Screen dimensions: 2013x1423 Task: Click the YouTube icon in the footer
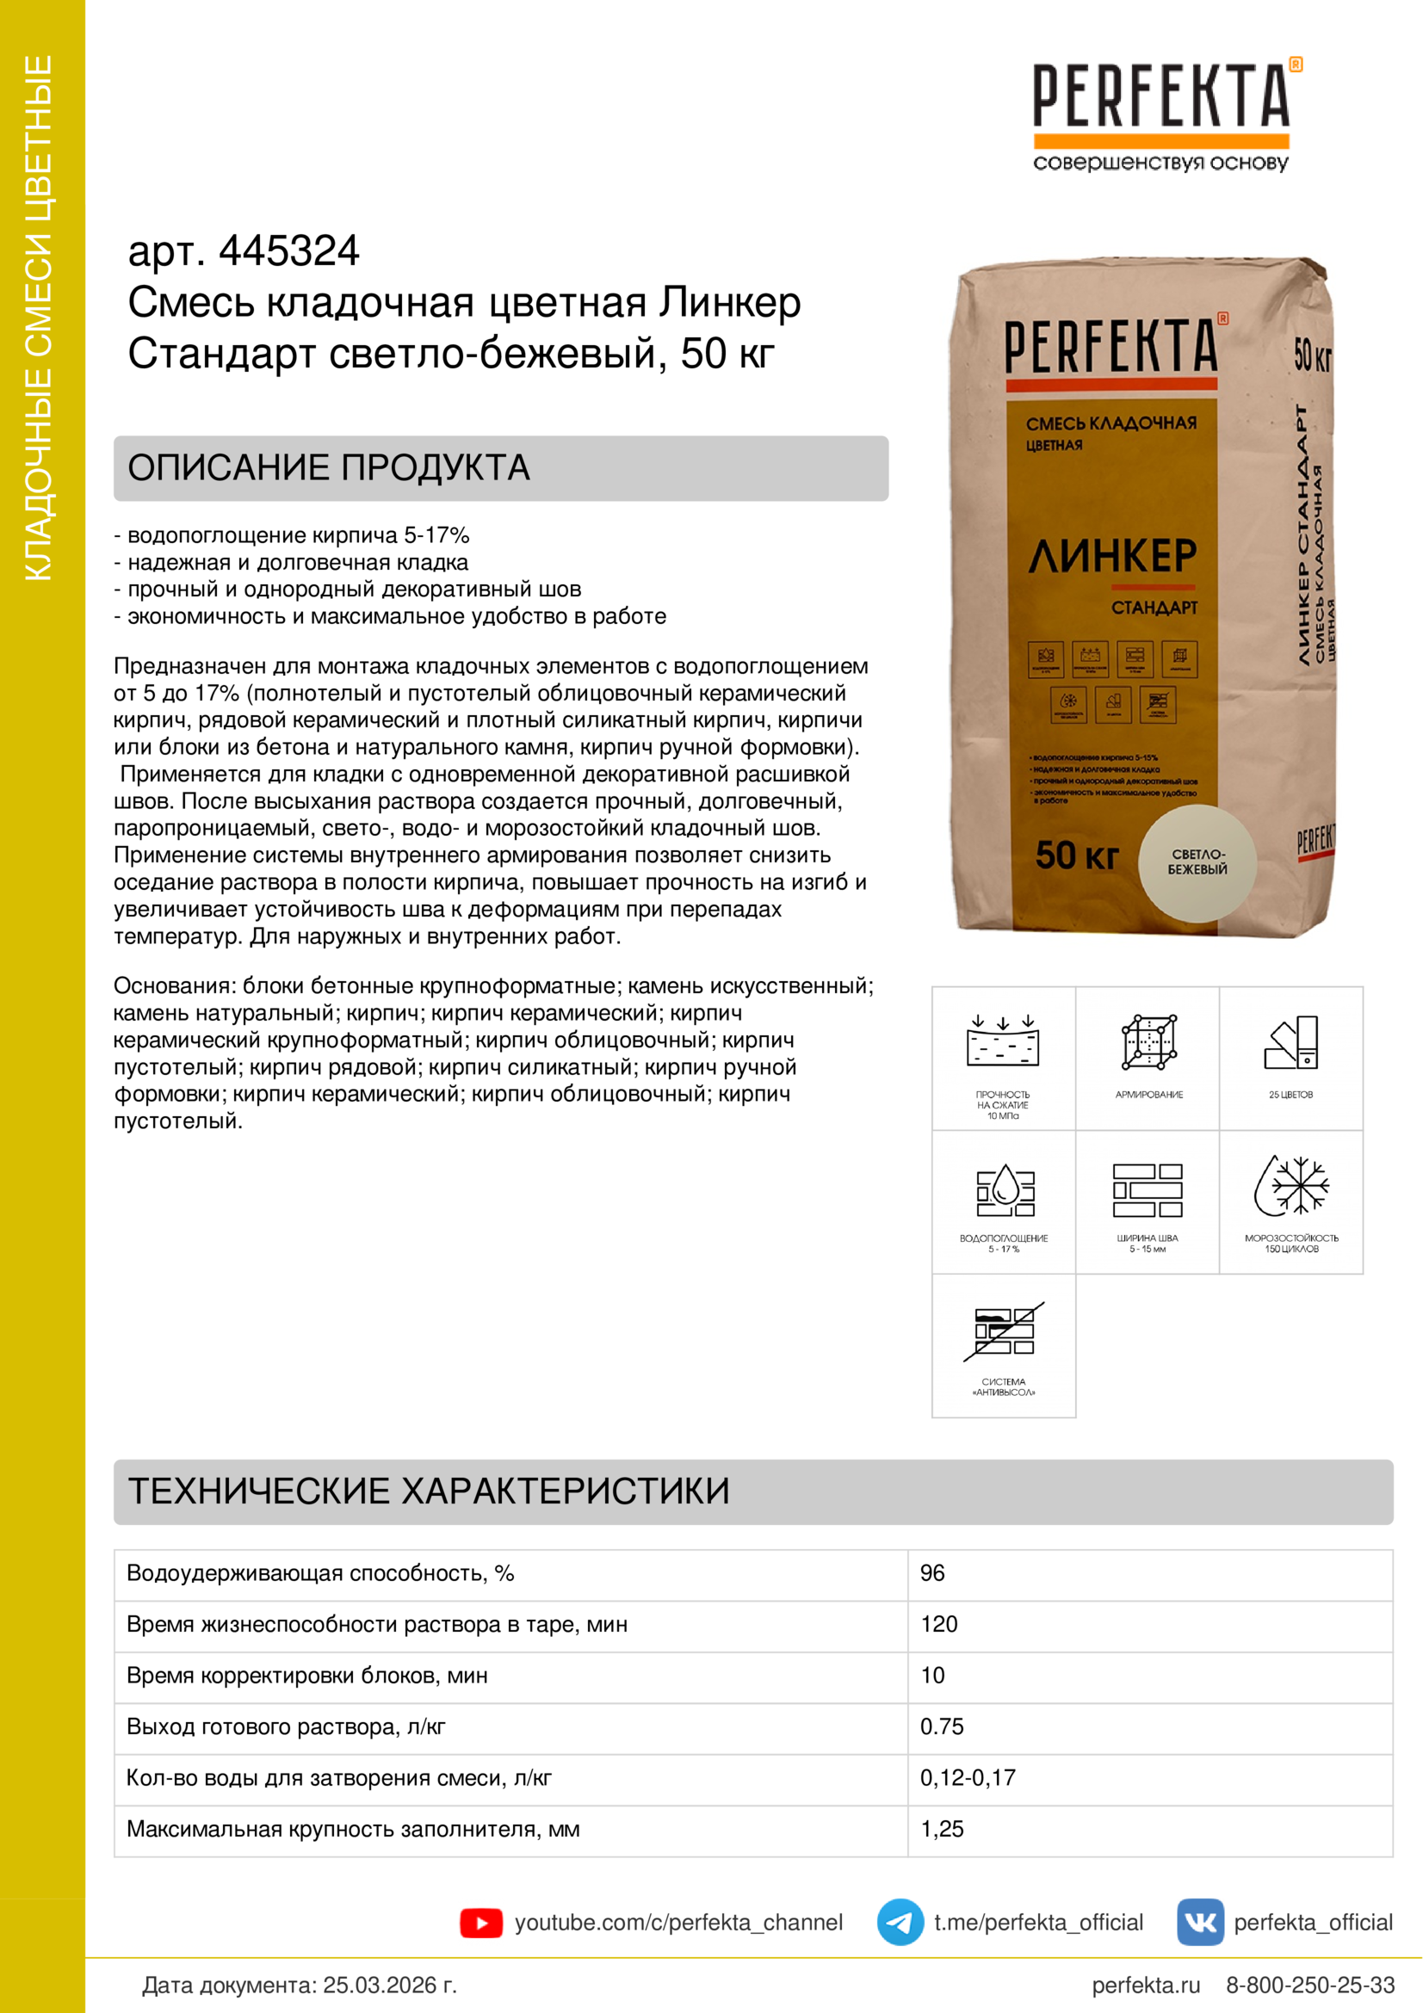(480, 1923)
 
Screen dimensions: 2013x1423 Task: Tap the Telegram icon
(900, 1923)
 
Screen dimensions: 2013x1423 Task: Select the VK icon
(1199, 1923)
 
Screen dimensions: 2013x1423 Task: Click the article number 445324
(288, 250)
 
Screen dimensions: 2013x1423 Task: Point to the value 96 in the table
(932, 1573)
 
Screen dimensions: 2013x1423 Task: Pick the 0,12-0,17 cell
(967, 1777)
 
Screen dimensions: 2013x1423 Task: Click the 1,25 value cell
(942, 1829)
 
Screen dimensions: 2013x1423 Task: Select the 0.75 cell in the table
(942, 1726)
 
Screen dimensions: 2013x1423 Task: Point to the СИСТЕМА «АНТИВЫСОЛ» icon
(1004, 1331)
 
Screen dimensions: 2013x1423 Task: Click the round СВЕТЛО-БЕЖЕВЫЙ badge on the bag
(1197, 862)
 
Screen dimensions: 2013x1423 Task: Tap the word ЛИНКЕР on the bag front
(1111, 556)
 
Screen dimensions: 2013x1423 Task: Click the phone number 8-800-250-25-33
(1310, 1985)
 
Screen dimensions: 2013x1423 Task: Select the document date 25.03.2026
(389, 1985)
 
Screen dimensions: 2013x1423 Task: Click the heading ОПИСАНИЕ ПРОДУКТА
(329, 468)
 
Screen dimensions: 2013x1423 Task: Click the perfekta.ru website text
(1145, 1985)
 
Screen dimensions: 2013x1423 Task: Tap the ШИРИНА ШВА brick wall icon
(1148, 1189)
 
